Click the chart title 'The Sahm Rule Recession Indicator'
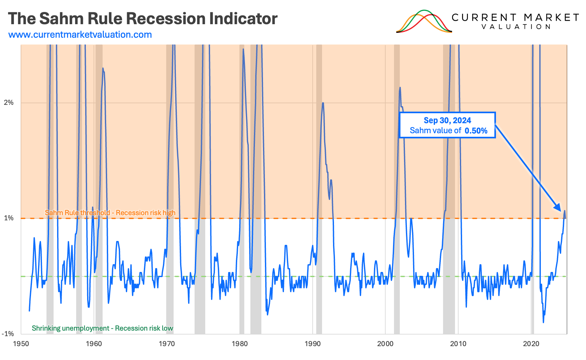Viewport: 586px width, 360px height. pos(143,18)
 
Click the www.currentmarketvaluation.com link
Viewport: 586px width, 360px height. pos(80,35)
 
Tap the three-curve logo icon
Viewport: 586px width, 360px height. pos(424,22)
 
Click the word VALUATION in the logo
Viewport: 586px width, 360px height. pos(516,27)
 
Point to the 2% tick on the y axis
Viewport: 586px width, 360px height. pos(9,103)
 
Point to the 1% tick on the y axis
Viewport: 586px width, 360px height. pos(9,218)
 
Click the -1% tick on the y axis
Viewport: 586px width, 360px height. pos(8,334)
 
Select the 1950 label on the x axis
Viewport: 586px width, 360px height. pos(21,344)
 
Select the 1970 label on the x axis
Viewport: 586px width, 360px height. pos(167,344)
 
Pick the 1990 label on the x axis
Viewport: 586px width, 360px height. pos(313,344)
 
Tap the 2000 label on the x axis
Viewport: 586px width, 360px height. pos(385,344)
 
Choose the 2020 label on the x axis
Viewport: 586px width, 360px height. pos(531,344)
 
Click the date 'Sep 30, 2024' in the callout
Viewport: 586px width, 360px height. pos(447,120)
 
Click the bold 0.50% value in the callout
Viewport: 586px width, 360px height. pos(476,131)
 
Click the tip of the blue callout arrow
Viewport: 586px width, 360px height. pos(561,211)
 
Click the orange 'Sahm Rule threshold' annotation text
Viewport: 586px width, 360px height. pos(110,213)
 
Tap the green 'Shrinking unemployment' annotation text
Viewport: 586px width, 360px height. pos(102,328)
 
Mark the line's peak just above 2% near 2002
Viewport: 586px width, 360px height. pos(400,87)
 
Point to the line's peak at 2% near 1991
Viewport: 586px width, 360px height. pos(323,103)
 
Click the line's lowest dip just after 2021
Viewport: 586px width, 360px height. pos(543,322)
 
